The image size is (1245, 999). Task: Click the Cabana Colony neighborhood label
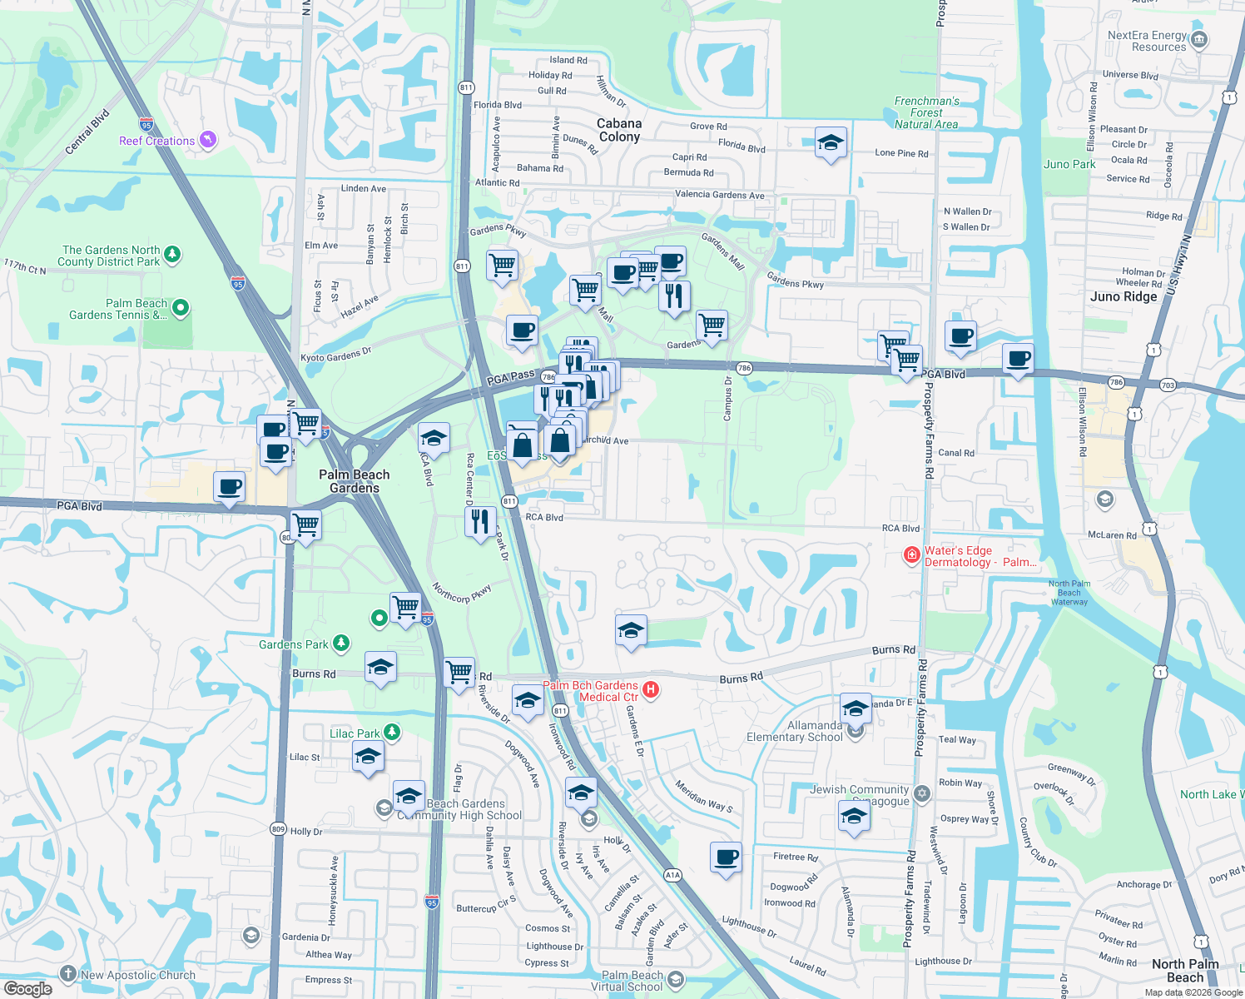(x=619, y=130)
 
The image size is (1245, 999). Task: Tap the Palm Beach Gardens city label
(x=355, y=481)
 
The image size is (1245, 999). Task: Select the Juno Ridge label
(x=1123, y=296)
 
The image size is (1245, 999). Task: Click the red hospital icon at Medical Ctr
(x=652, y=690)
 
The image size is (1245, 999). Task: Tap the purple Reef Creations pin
(x=208, y=140)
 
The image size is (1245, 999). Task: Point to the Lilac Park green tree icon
(x=392, y=733)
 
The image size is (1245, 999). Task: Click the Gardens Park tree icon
(x=340, y=644)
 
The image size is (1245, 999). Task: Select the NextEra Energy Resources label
(x=1147, y=41)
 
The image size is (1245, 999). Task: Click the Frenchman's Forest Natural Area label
(x=926, y=112)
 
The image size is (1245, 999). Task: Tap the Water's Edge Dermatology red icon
(x=912, y=555)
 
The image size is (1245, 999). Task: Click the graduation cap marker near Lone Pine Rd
(x=831, y=143)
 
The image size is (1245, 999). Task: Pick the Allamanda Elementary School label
(x=795, y=731)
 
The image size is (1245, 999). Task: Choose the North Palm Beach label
(x=1185, y=970)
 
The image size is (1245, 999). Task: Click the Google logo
(x=27, y=988)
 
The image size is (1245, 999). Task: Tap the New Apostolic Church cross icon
(x=69, y=974)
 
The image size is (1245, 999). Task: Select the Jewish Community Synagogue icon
(x=921, y=793)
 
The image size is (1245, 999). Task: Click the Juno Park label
(x=1069, y=164)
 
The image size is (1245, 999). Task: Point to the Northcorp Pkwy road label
(x=462, y=593)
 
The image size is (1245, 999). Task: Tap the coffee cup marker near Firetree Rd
(x=727, y=857)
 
